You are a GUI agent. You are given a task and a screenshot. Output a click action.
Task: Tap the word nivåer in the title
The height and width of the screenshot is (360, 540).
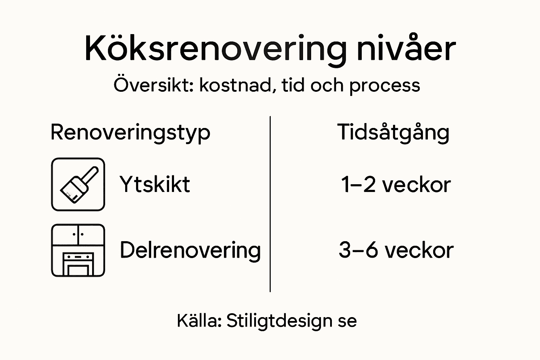406,49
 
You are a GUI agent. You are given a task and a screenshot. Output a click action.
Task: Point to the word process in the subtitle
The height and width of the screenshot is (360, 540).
385,86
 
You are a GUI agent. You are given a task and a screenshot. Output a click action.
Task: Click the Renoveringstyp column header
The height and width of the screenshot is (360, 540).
130,133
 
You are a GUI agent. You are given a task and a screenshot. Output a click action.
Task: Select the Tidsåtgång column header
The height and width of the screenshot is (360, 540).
393,133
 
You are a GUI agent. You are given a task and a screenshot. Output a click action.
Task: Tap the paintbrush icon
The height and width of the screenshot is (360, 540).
78,184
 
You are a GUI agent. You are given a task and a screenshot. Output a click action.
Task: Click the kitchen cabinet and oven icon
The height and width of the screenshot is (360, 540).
78,250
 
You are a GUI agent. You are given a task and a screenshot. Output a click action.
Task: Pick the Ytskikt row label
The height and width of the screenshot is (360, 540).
155,184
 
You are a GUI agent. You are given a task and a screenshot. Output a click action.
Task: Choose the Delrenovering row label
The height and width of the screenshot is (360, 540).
190,250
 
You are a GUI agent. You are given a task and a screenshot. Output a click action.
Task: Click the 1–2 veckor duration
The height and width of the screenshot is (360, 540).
396,185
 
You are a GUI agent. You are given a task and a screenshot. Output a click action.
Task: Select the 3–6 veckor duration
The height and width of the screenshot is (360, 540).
396,250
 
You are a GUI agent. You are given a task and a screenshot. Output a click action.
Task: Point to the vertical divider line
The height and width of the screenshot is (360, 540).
270,204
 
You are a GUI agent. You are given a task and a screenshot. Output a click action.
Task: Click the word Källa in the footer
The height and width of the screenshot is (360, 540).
199,320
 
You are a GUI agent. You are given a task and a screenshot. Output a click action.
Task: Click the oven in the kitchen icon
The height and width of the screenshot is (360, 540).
78,264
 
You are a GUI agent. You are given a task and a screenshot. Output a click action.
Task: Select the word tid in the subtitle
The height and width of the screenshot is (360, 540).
293,85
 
